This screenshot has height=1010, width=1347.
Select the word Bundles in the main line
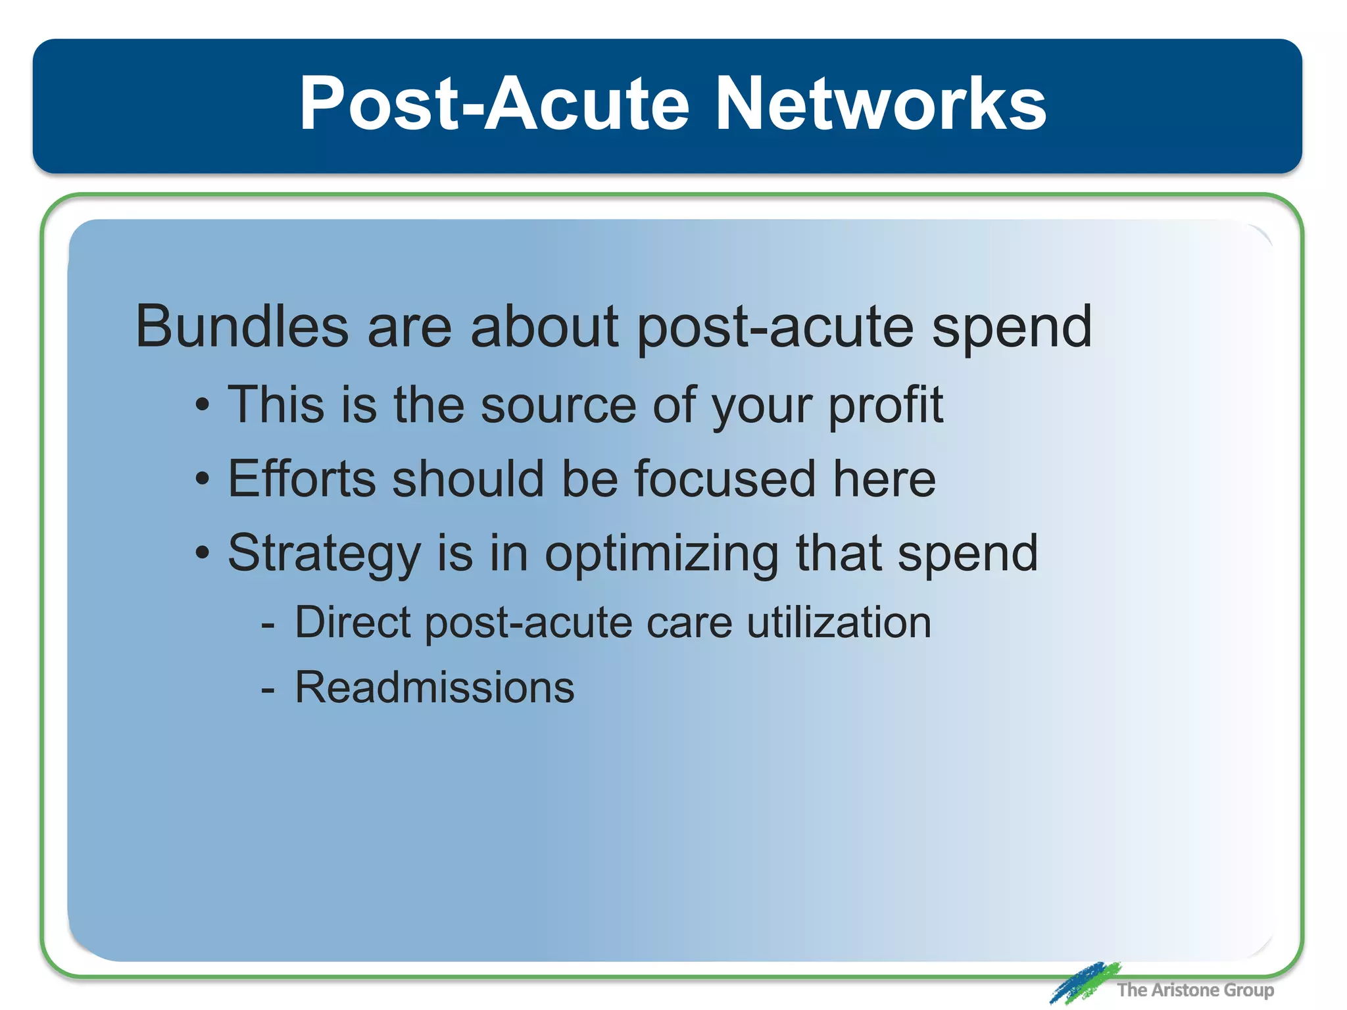coord(241,327)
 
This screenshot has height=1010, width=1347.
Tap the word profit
coord(885,406)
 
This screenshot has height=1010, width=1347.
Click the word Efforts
coord(302,479)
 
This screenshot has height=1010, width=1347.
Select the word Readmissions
coord(434,688)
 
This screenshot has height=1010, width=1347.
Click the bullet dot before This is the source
coord(203,406)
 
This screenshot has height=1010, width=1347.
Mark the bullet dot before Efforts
coord(203,480)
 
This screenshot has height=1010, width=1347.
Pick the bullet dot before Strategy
coord(203,554)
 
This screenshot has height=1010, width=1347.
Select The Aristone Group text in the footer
coord(1195,990)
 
